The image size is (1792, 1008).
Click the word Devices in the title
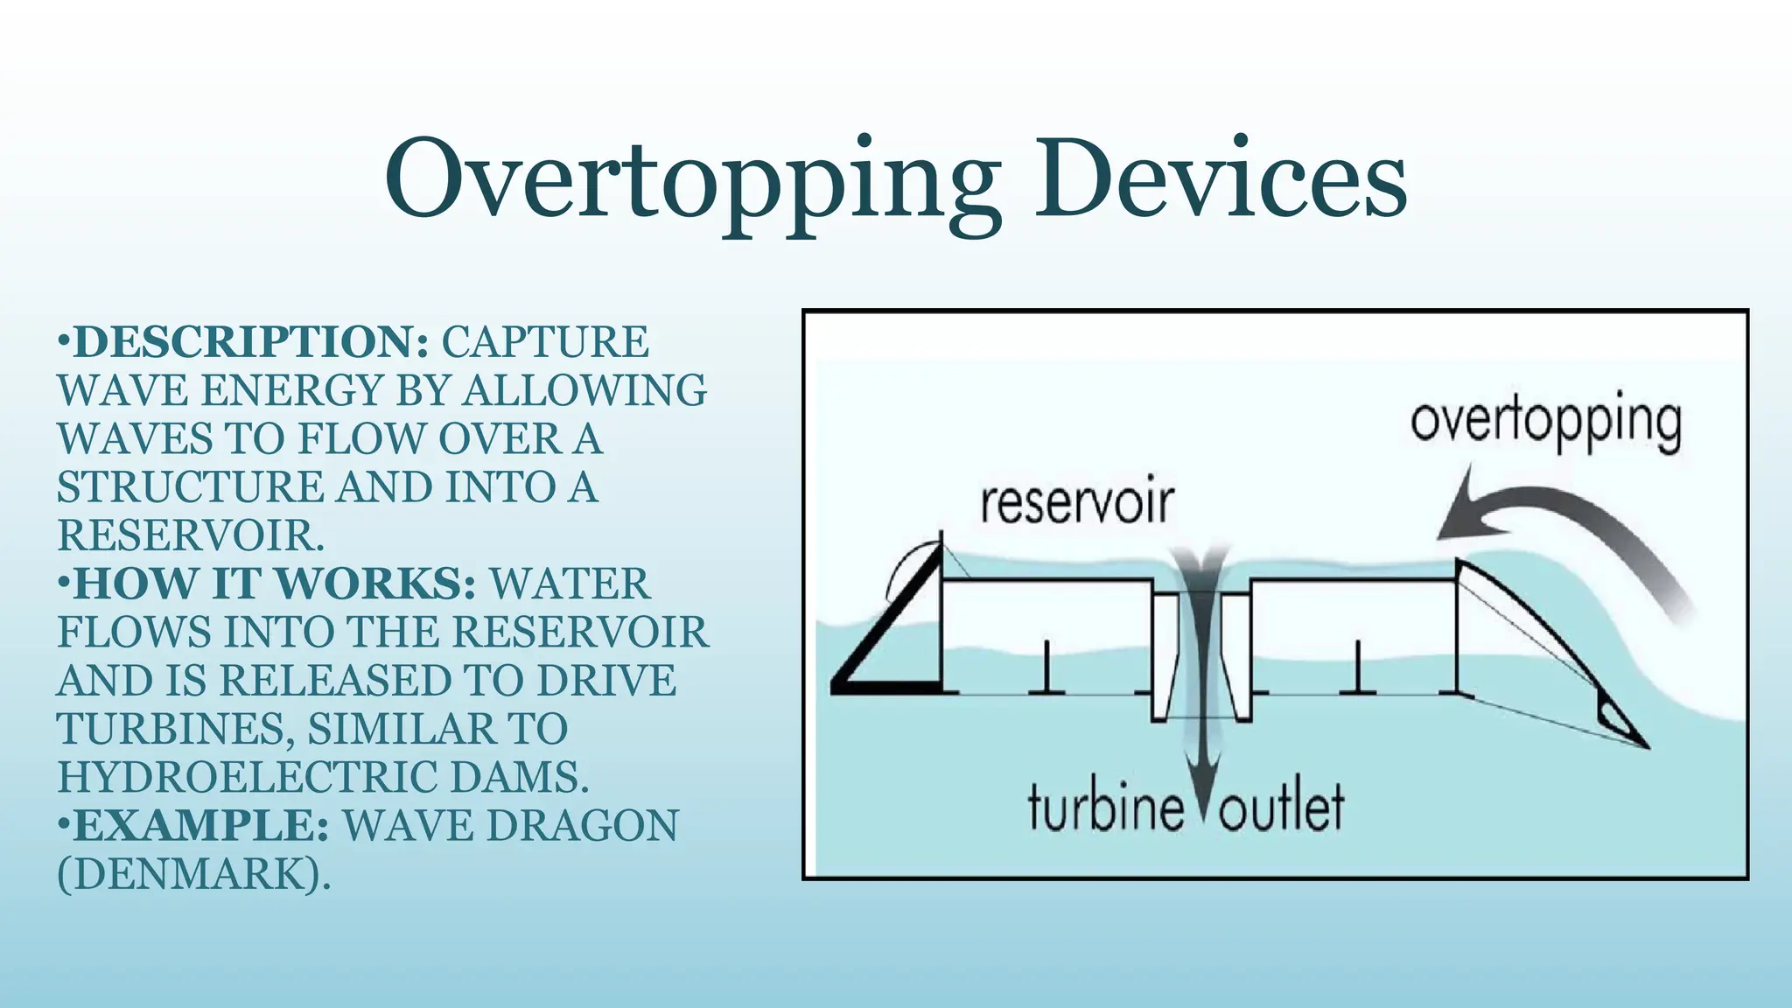(1221, 178)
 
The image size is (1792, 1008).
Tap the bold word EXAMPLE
(201, 826)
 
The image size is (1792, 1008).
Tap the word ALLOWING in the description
(584, 390)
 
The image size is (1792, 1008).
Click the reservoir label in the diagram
(1076, 504)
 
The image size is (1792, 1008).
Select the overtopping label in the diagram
(1545, 423)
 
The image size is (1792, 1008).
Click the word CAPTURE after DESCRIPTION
(545, 342)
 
